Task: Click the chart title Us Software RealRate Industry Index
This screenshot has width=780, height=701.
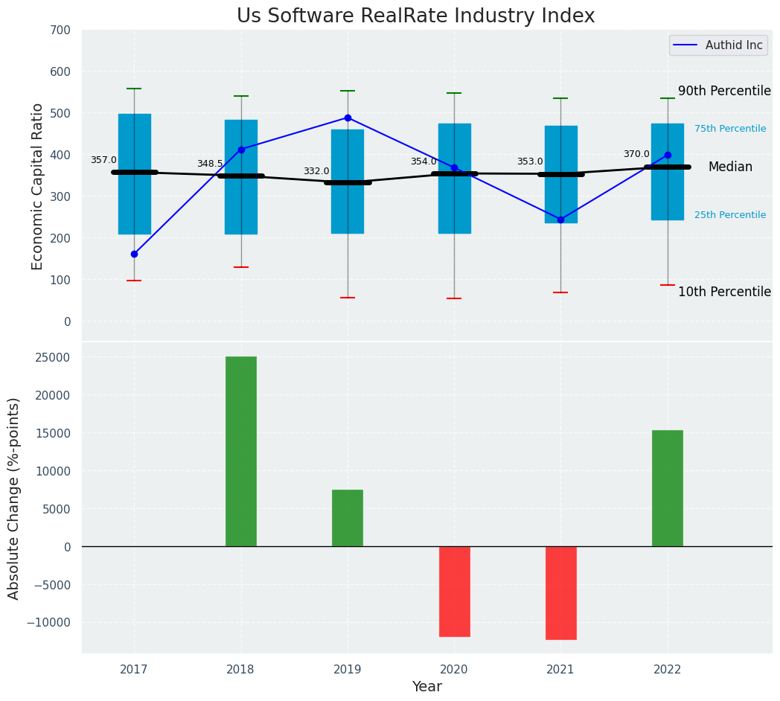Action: tap(415, 16)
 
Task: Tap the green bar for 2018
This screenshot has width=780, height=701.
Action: tap(241, 451)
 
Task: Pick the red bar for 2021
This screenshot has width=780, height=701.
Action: tap(560, 593)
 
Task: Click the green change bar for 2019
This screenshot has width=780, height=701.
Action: tap(348, 518)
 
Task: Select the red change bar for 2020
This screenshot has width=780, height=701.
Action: tap(454, 592)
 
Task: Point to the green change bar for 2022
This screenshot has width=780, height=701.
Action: tap(668, 488)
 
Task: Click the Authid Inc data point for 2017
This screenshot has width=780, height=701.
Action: tap(134, 254)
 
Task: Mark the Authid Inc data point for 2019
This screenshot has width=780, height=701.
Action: tap(348, 118)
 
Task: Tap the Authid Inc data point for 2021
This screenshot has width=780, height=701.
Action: tap(560, 220)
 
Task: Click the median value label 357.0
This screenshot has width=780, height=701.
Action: tap(103, 160)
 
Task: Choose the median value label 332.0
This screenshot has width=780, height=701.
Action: tap(316, 171)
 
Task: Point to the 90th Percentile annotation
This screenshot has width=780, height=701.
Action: tap(724, 91)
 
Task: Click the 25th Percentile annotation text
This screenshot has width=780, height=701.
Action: tap(730, 215)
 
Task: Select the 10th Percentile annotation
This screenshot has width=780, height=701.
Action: tap(724, 292)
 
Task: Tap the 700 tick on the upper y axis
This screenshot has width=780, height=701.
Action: tap(61, 30)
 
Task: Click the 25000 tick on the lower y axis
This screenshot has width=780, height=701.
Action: tap(52, 357)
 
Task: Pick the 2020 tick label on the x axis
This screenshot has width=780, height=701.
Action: tap(454, 670)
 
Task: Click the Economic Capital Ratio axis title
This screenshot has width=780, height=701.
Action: tap(38, 186)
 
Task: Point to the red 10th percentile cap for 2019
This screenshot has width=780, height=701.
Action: tap(348, 298)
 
